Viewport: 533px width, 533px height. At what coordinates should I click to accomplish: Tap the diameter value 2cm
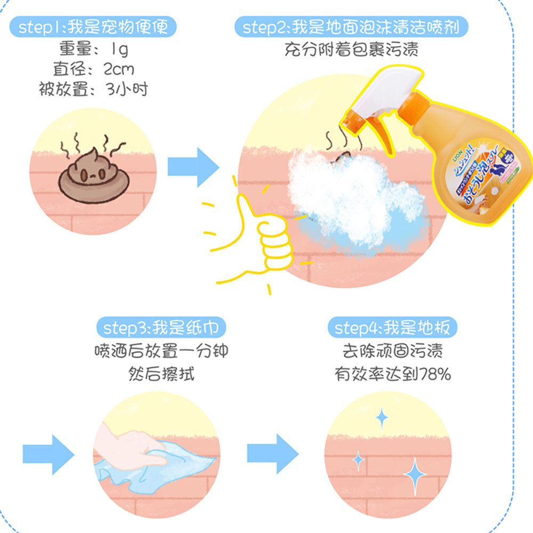(118, 69)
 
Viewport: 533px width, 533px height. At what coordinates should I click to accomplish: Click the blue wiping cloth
(160, 469)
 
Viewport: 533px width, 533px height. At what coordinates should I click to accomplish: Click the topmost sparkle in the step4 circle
(382, 419)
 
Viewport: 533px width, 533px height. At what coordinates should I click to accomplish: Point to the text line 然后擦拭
(161, 374)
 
